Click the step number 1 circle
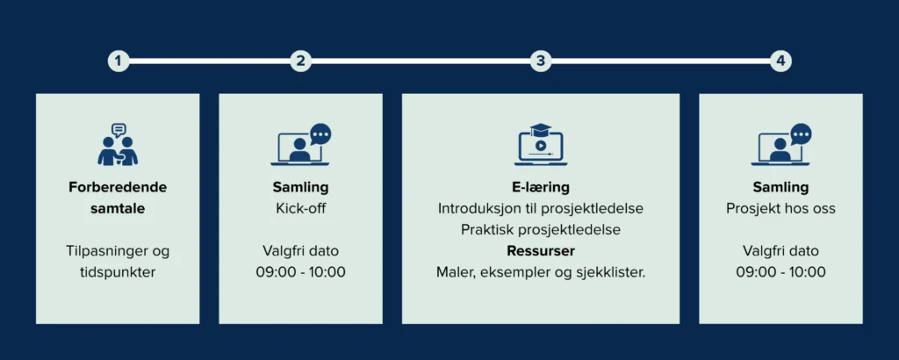click(x=119, y=61)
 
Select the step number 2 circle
click(x=301, y=61)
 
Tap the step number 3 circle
click(x=541, y=61)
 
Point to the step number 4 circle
click(x=780, y=61)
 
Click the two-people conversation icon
click(x=119, y=145)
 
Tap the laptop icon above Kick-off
click(x=301, y=145)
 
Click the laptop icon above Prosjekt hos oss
click(x=780, y=145)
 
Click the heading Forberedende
click(x=118, y=187)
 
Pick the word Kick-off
click(x=301, y=208)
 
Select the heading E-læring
click(x=541, y=187)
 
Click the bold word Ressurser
click(x=541, y=251)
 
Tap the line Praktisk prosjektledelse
click(x=541, y=230)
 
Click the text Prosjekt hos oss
click(x=780, y=209)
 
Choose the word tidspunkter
click(x=118, y=272)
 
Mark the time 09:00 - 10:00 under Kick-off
click(x=301, y=271)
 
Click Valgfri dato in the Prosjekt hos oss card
click(x=780, y=251)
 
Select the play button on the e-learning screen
click(x=541, y=145)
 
